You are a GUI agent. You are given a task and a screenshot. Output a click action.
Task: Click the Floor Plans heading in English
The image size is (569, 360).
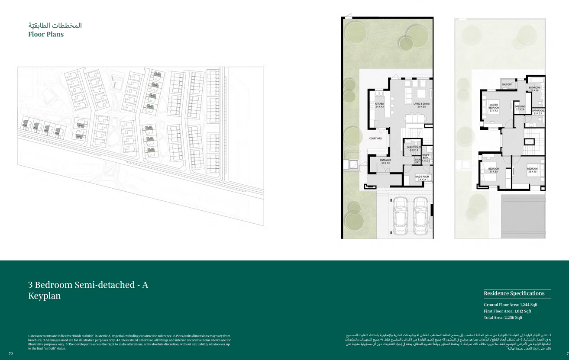(46, 35)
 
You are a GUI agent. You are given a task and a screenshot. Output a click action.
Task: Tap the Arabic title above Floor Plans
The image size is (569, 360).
(55, 26)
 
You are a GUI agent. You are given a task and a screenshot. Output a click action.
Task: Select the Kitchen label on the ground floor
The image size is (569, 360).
(380, 105)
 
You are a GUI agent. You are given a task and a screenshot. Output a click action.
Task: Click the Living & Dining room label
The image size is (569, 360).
(421, 105)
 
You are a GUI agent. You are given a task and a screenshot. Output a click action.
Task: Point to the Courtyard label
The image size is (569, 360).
(375, 138)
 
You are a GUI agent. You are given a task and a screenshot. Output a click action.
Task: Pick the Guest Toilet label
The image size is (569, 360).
(414, 149)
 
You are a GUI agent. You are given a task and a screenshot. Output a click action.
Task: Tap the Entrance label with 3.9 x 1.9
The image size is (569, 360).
(385, 162)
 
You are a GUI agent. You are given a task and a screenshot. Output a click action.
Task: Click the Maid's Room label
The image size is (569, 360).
(422, 178)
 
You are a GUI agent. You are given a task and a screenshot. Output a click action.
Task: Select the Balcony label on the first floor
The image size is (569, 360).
(507, 84)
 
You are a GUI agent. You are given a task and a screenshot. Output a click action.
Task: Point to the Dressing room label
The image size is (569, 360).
(520, 108)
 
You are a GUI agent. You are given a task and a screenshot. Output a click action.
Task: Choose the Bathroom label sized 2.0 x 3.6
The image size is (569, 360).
(534, 89)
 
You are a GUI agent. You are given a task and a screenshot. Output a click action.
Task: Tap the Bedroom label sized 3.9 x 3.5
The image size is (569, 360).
(532, 170)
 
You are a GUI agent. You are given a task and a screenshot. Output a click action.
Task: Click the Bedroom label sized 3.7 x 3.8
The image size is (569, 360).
(494, 170)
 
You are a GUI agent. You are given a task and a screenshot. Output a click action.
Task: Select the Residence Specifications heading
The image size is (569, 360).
(514, 293)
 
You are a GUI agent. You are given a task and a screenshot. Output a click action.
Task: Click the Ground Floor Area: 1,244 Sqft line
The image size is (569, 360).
(511, 305)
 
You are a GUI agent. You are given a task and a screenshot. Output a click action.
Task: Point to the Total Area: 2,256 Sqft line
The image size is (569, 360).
(503, 318)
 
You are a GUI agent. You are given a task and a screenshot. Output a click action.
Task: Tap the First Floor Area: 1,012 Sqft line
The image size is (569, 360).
(507, 311)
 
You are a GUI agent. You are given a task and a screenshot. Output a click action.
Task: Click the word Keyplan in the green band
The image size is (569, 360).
(45, 296)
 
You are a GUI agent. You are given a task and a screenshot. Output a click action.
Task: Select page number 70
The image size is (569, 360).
(11, 354)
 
